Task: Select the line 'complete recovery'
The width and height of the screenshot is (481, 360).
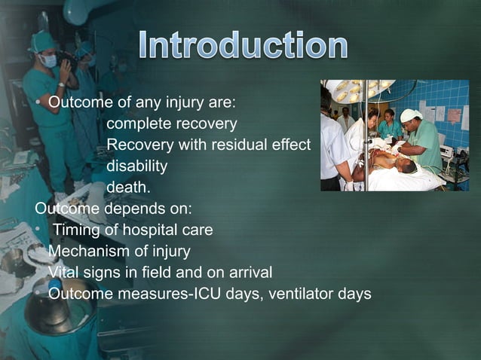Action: pos(171,123)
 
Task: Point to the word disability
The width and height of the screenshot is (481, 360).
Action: pos(136,165)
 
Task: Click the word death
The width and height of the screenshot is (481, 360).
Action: pos(127,186)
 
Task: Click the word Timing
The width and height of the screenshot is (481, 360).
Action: pos(78,230)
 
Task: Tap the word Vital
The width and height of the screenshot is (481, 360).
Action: pos(63,272)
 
